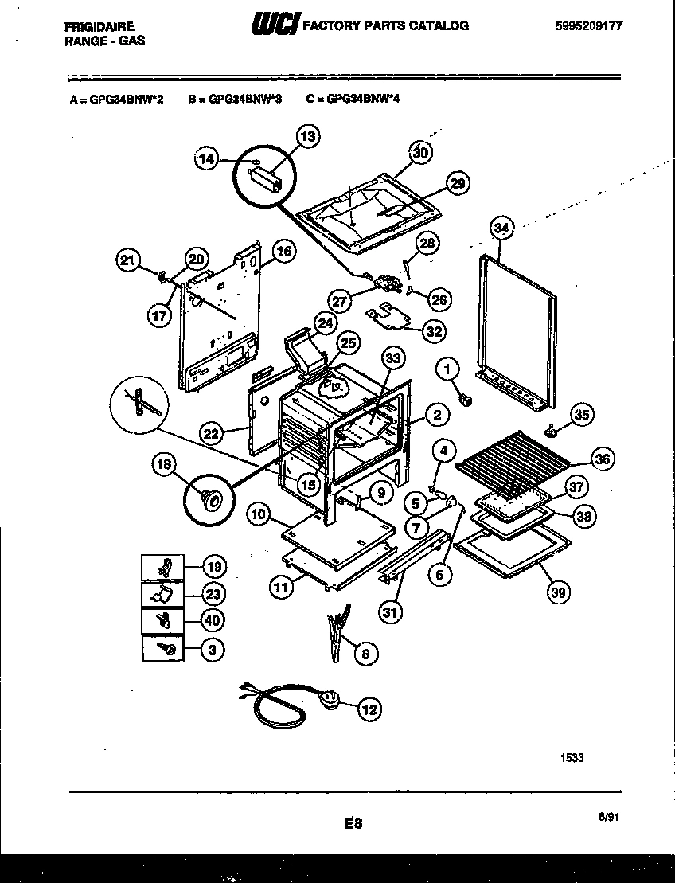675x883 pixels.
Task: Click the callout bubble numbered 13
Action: coord(307,137)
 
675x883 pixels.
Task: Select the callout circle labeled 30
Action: coord(422,152)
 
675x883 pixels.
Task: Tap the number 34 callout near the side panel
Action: coord(501,229)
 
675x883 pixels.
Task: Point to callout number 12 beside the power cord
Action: coord(369,709)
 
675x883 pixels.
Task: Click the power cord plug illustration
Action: coord(328,701)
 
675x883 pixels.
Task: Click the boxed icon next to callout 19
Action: coord(162,567)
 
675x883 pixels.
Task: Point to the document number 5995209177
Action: coord(588,25)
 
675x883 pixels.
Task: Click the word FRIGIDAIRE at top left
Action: coord(99,25)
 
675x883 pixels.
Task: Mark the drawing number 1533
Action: coord(572,757)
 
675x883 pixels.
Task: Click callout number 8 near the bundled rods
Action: coord(365,654)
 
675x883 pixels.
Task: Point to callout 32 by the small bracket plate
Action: coord(433,331)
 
